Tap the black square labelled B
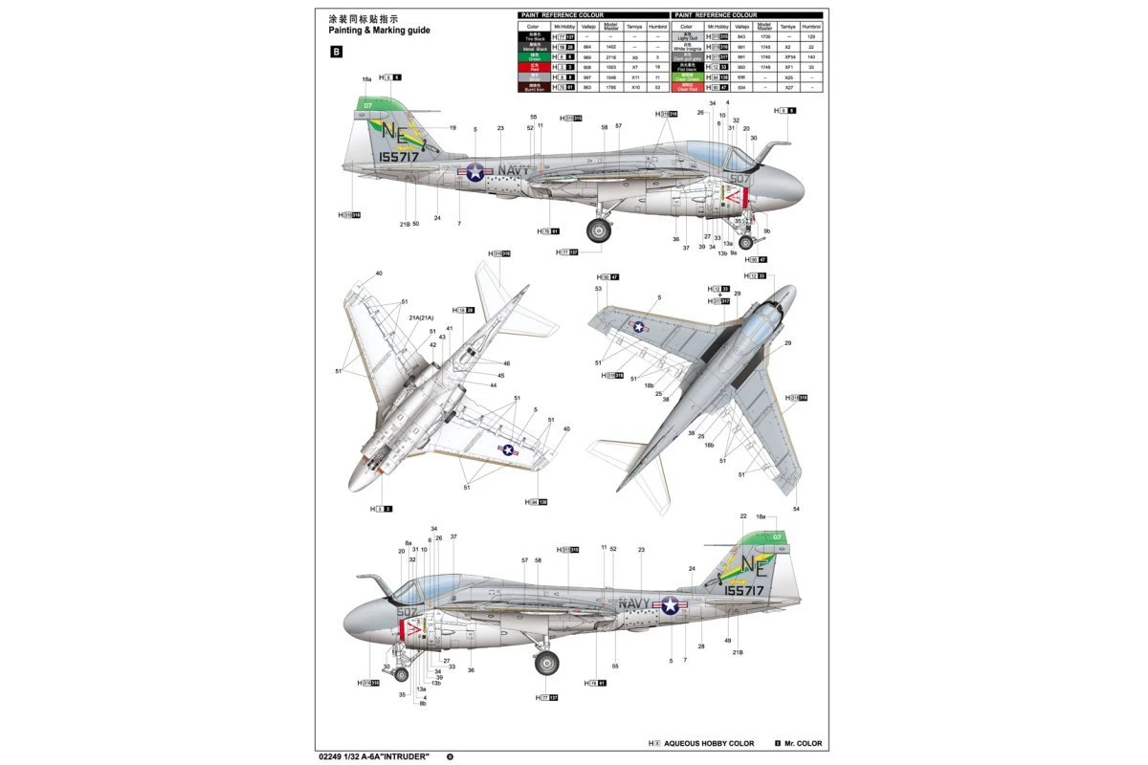coord(336,54)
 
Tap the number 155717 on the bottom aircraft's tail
coord(743,591)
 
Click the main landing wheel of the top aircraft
coord(600,229)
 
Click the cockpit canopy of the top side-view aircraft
coord(708,153)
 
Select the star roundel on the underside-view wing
coord(509,449)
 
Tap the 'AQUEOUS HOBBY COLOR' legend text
coord(710,743)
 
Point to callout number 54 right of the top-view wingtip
coord(796,509)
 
